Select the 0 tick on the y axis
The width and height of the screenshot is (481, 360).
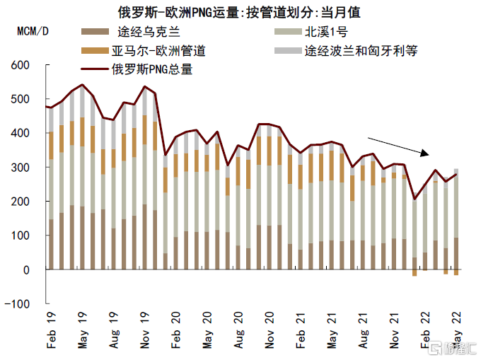pyautogui.click(x=25, y=270)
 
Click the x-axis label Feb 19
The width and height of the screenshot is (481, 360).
pyautogui.click(x=50, y=332)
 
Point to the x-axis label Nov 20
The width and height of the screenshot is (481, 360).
pyautogui.click(x=269, y=332)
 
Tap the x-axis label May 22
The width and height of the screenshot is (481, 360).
pyautogui.click(x=456, y=332)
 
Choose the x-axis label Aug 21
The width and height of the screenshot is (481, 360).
pyautogui.click(x=362, y=332)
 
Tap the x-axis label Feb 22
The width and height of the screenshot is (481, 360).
pyautogui.click(x=424, y=332)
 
